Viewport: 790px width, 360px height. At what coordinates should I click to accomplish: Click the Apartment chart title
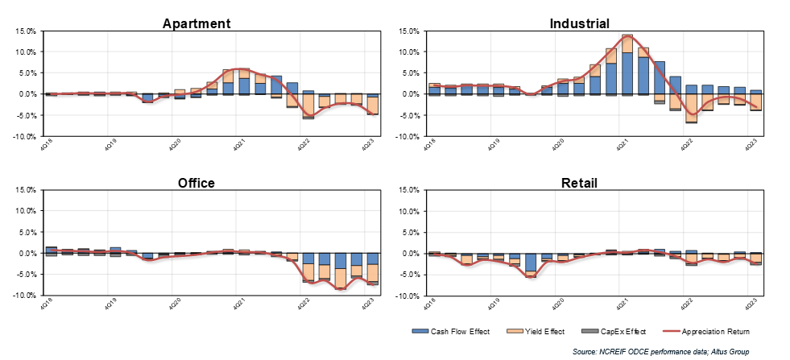(x=196, y=23)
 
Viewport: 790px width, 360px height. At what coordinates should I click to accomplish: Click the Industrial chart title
(x=578, y=23)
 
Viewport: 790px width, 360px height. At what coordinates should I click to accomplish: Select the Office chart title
(x=196, y=183)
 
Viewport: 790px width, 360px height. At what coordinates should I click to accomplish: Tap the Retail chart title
(x=578, y=183)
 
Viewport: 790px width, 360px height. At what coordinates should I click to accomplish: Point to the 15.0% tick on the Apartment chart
(x=23, y=31)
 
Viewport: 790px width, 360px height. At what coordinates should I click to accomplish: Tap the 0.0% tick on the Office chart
(x=25, y=254)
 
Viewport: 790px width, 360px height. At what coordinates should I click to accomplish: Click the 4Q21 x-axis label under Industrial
(x=621, y=147)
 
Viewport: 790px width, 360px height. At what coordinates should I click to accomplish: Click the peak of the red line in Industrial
(x=627, y=37)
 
